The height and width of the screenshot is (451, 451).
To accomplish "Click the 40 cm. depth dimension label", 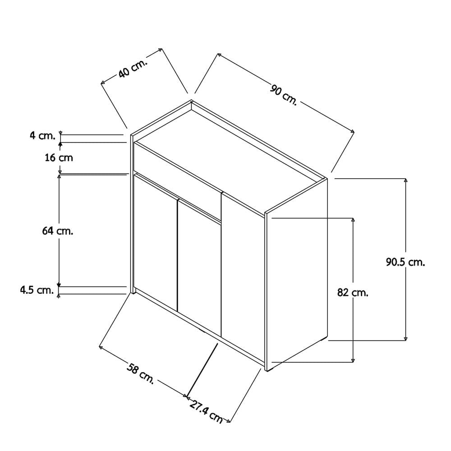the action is pos(133,69).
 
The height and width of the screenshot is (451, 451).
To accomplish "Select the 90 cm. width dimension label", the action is pos(284,95).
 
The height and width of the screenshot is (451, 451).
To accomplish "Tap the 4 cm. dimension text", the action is pos(42,135).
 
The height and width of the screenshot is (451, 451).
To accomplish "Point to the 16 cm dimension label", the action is pos(59,157).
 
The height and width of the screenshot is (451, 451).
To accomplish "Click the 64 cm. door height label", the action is pos(58,230).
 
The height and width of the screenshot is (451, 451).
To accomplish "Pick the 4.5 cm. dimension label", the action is pos(37,290).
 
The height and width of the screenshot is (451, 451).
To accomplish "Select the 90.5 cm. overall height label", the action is pos(405,262).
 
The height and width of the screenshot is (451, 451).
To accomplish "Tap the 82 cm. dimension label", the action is pos(353,293).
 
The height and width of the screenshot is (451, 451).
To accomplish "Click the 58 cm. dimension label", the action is pos(141,373).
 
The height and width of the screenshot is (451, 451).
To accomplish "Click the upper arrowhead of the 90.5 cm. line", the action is pos(405,180).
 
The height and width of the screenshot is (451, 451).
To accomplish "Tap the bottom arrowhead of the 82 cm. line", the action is pos(353,360).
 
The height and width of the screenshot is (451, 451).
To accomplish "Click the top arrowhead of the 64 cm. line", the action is pos(59,176).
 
